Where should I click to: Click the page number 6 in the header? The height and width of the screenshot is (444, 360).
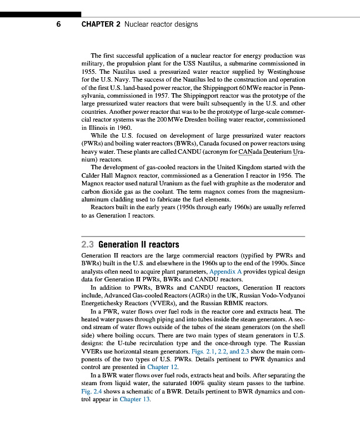(x=59, y=24)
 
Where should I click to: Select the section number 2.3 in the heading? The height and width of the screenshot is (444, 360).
(x=88, y=244)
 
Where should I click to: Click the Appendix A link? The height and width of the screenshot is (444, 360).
(x=226, y=272)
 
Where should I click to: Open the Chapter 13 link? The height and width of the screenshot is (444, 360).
(x=135, y=399)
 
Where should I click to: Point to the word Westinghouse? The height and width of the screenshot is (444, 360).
(x=282, y=72)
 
